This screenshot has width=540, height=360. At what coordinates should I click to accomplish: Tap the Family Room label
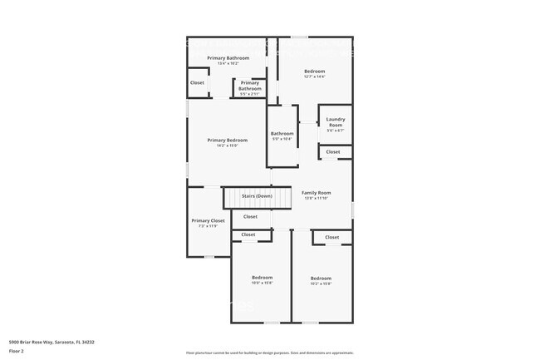click(316, 192)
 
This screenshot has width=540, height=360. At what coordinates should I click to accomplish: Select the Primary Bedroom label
click(228, 141)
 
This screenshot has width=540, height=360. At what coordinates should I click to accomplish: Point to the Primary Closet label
click(208, 220)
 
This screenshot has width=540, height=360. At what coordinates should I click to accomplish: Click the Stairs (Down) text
click(257, 196)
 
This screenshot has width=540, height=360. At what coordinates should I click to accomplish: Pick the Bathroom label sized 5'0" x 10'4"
click(282, 133)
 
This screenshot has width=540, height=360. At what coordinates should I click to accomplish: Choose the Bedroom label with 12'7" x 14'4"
click(314, 72)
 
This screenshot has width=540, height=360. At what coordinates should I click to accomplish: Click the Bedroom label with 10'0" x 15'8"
click(263, 277)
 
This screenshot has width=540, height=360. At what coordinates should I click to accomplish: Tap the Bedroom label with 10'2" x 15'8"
click(321, 278)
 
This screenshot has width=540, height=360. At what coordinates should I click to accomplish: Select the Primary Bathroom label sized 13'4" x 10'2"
click(228, 57)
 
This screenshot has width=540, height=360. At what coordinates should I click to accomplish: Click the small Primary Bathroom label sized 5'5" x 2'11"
click(250, 83)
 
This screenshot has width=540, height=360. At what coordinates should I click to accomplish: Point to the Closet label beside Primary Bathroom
click(197, 83)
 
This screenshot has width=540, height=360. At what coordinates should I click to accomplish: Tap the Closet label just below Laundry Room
click(332, 152)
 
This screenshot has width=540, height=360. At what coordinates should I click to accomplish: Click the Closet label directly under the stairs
click(249, 216)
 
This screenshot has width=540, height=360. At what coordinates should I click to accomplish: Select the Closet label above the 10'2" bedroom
click(331, 237)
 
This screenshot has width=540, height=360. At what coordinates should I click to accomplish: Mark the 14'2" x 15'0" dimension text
click(228, 145)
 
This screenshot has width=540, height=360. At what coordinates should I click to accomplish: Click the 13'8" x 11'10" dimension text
click(316, 198)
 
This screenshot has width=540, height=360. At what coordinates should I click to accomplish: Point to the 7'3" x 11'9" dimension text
click(208, 226)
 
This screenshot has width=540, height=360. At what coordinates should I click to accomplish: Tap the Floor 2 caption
click(17, 352)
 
